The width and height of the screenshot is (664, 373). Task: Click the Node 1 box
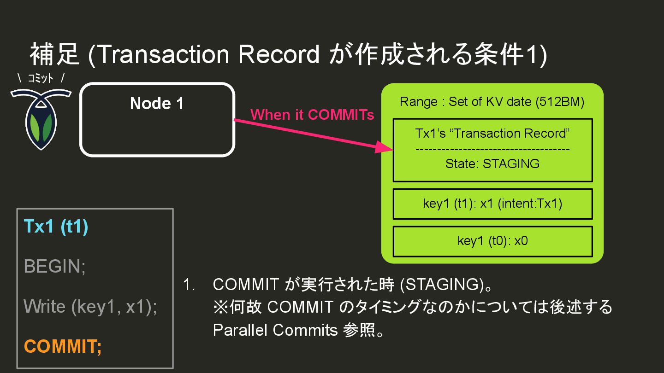157,120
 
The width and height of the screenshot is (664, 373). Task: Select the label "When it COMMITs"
312,115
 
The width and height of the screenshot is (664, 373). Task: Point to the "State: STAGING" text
492,163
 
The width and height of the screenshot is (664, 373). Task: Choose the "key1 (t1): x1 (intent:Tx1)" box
492,204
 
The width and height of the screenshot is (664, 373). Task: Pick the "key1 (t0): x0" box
492,241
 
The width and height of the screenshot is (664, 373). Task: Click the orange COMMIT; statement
63,346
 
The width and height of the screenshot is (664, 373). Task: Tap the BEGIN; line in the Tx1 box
54,266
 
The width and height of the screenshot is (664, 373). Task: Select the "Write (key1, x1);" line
90,306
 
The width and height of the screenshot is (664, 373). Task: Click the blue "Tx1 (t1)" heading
55,227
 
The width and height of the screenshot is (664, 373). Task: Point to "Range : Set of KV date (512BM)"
492,101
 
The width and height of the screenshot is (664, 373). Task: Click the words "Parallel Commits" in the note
275,330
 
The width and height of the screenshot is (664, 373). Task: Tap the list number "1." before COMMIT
190,285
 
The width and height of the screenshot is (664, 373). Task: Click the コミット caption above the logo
41,78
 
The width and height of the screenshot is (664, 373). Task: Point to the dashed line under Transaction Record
492,149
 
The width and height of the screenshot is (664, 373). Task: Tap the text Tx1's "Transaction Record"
492,134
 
